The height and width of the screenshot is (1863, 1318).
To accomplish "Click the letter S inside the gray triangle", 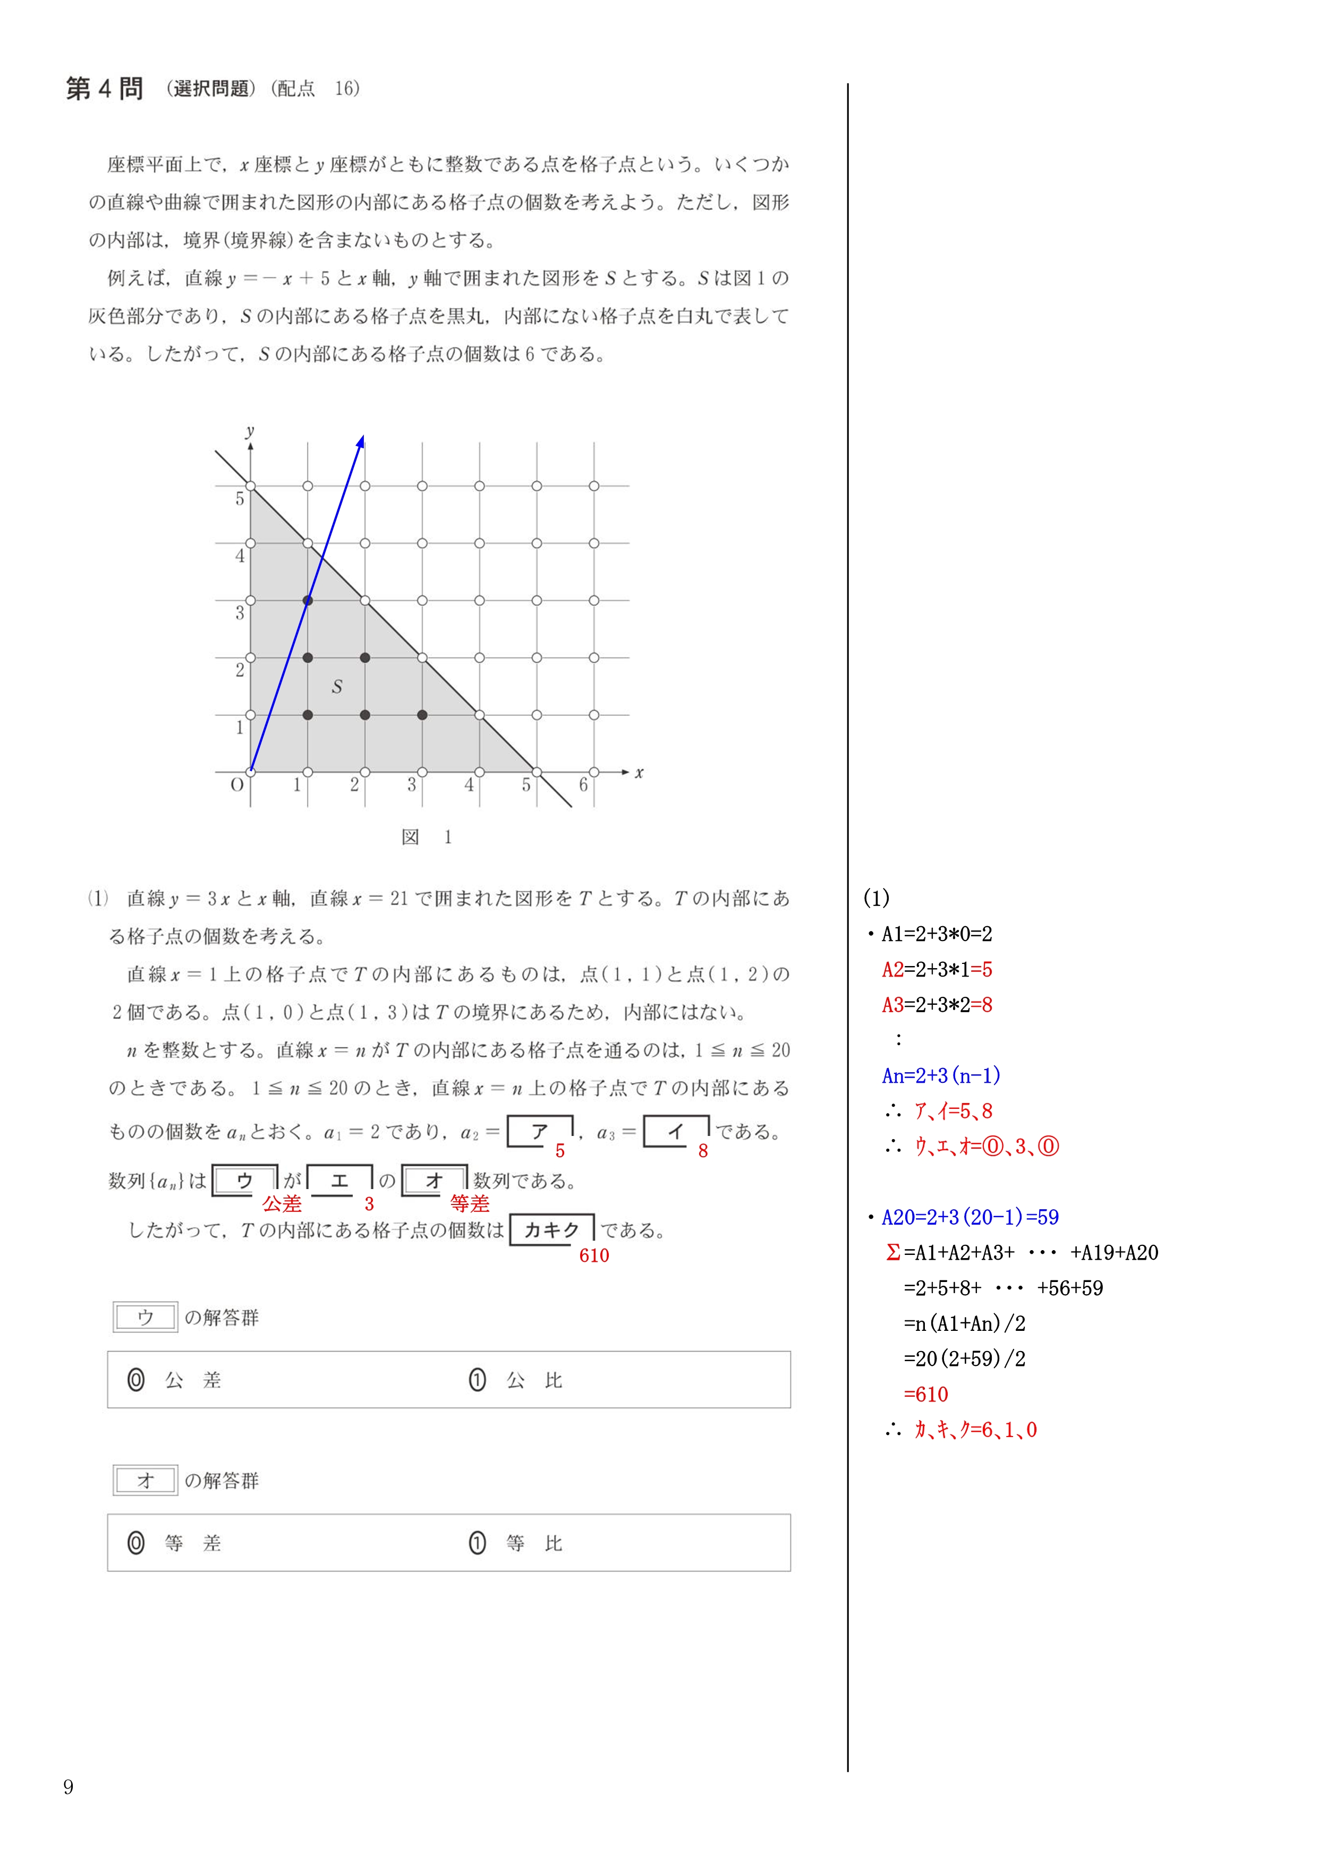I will point(337,687).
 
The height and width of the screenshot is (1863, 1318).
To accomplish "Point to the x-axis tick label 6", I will point(583,784).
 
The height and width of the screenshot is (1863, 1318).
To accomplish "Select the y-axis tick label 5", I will point(240,498).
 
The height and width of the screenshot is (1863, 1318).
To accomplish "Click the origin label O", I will point(237,784).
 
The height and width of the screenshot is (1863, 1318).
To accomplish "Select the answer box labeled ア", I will point(540,1132).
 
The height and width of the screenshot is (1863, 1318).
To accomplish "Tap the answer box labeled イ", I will point(676,1132).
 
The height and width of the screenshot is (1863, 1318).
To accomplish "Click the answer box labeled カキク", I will point(552,1230).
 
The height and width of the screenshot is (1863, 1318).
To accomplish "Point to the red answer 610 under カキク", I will point(594,1256).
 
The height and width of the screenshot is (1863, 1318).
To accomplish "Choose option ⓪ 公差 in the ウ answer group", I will point(174,1380).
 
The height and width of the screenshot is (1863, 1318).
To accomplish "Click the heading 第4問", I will point(105,89).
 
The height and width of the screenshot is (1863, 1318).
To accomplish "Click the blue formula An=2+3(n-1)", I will point(941,1076).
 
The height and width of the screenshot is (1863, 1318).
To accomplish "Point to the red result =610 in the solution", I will point(925,1395).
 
